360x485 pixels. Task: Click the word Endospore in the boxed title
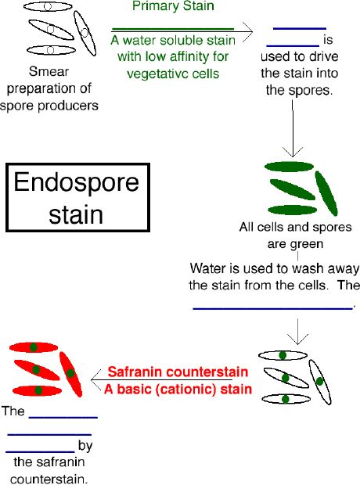pyautogui.click(x=76, y=183)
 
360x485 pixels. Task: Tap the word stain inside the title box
pyautogui.click(x=76, y=214)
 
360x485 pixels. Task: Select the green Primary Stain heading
pyautogui.click(x=173, y=6)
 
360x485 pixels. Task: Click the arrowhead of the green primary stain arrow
pyautogui.click(x=247, y=31)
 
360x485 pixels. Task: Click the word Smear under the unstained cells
pyautogui.click(x=49, y=71)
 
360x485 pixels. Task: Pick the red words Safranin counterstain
pyautogui.click(x=178, y=372)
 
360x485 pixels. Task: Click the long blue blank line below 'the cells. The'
pyautogui.click(x=272, y=308)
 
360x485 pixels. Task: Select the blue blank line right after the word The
pyautogui.click(x=63, y=418)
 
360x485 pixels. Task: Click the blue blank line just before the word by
pyautogui.click(x=40, y=452)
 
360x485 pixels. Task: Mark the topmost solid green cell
pyautogui.click(x=289, y=167)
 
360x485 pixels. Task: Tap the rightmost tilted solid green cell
pyautogui.click(x=326, y=193)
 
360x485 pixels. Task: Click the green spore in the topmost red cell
pyautogui.click(x=34, y=347)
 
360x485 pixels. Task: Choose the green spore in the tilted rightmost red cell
pyautogui.click(x=70, y=374)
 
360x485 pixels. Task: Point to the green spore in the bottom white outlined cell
pyautogui.click(x=286, y=399)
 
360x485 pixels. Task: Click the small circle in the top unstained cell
pyautogui.click(x=48, y=6)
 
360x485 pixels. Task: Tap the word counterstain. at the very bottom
pyautogui.click(x=49, y=479)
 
